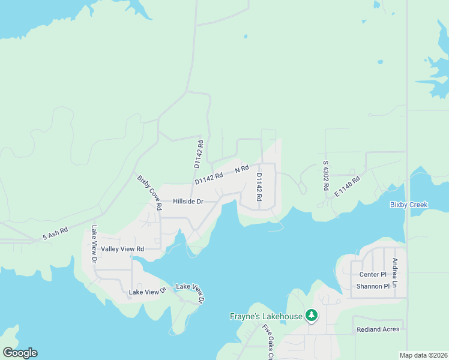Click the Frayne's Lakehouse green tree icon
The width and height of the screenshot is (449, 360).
click(x=311, y=315)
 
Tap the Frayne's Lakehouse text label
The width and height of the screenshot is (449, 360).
click(x=267, y=316)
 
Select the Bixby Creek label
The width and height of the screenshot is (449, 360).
click(x=408, y=205)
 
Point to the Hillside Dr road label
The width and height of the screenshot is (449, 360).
click(x=188, y=202)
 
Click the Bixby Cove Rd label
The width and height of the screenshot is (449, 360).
click(x=150, y=192)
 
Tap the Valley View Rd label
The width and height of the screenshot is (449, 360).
click(x=122, y=248)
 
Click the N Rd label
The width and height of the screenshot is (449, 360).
click(x=241, y=170)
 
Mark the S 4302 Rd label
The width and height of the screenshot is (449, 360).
click(x=326, y=175)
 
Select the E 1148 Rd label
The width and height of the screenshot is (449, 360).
click(x=347, y=186)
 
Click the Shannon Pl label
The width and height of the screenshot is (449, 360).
click(x=373, y=286)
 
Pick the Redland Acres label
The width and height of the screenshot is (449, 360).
click(x=378, y=330)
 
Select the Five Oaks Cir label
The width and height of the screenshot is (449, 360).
click(x=268, y=342)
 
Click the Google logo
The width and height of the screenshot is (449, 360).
click(x=20, y=352)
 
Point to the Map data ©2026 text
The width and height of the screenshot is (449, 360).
click(x=423, y=355)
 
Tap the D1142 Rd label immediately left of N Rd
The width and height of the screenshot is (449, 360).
click(x=208, y=178)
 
